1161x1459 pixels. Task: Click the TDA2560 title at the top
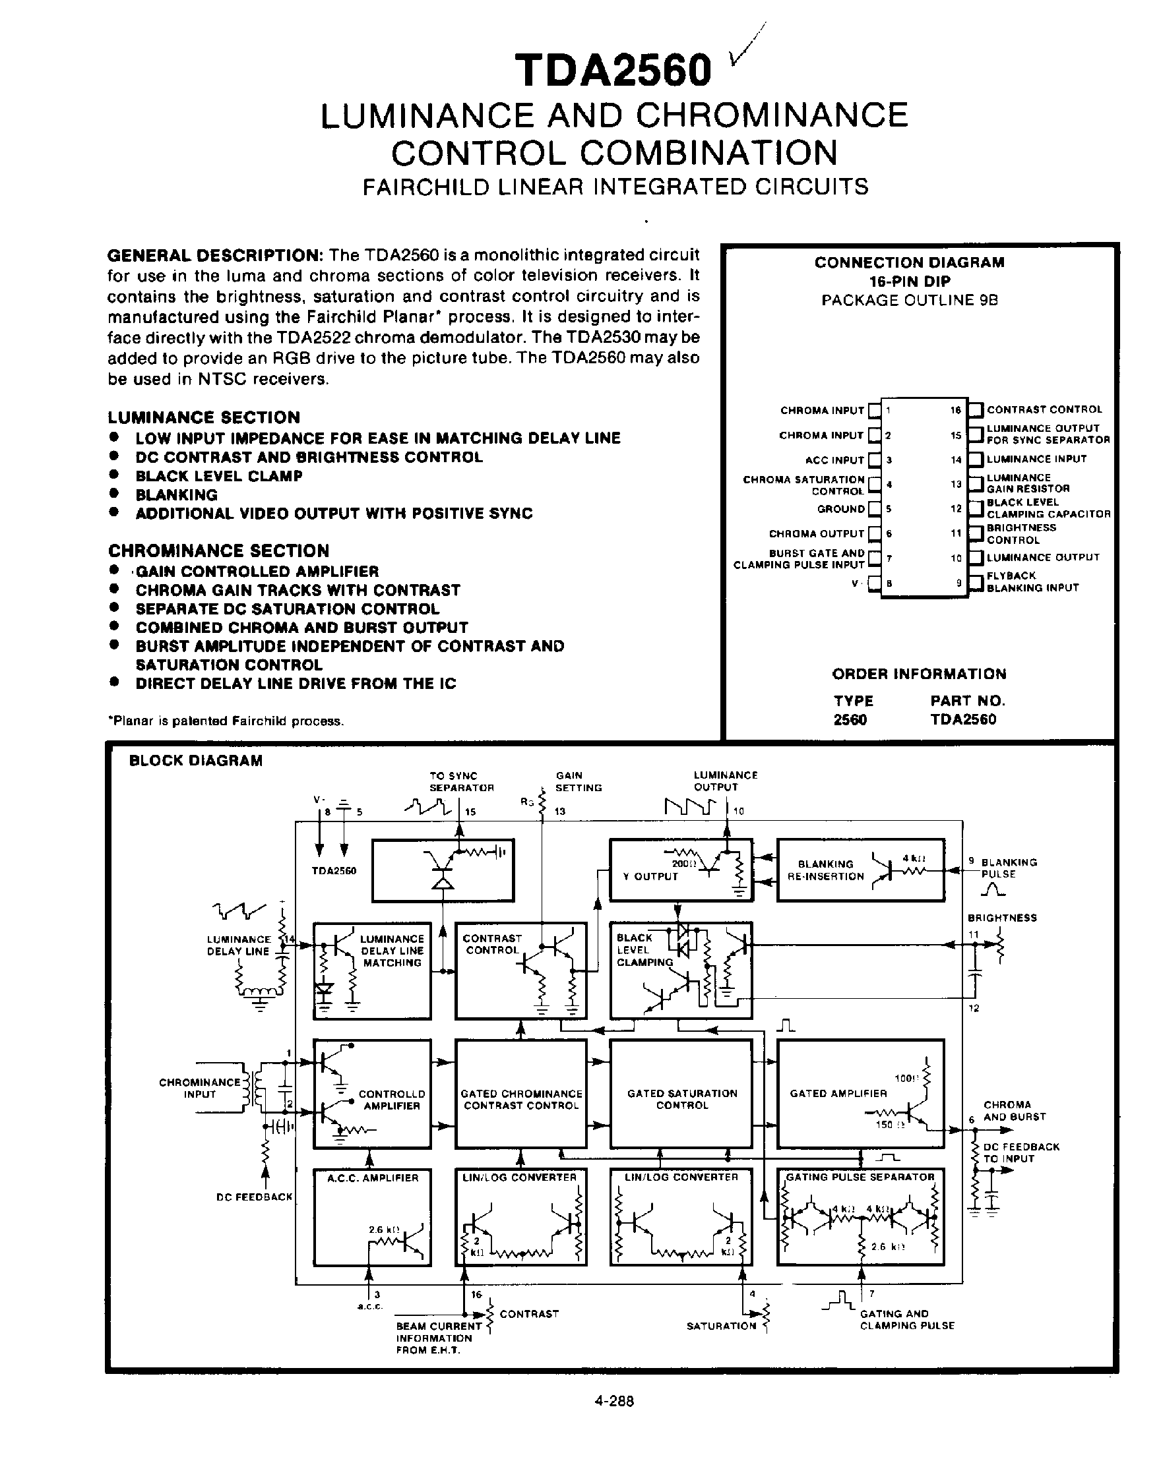point(613,71)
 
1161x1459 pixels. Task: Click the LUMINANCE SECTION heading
point(204,417)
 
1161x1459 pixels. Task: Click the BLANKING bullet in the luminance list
point(177,494)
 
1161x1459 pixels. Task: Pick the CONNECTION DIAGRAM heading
point(909,262)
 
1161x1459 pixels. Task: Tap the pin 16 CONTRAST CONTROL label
point(1044,410)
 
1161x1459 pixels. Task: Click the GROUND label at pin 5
point(841,509)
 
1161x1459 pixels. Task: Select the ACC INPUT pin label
point(834,460)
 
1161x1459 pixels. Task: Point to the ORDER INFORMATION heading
point(919,674)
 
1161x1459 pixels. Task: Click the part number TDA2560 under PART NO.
point(962,719)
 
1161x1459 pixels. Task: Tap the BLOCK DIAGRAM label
point(196,761)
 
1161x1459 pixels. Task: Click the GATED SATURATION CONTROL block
point(681,1099)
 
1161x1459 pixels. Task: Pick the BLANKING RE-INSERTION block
point(860,870)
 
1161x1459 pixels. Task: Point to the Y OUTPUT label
point(650,877)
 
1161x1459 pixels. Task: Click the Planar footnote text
point(226,721)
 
